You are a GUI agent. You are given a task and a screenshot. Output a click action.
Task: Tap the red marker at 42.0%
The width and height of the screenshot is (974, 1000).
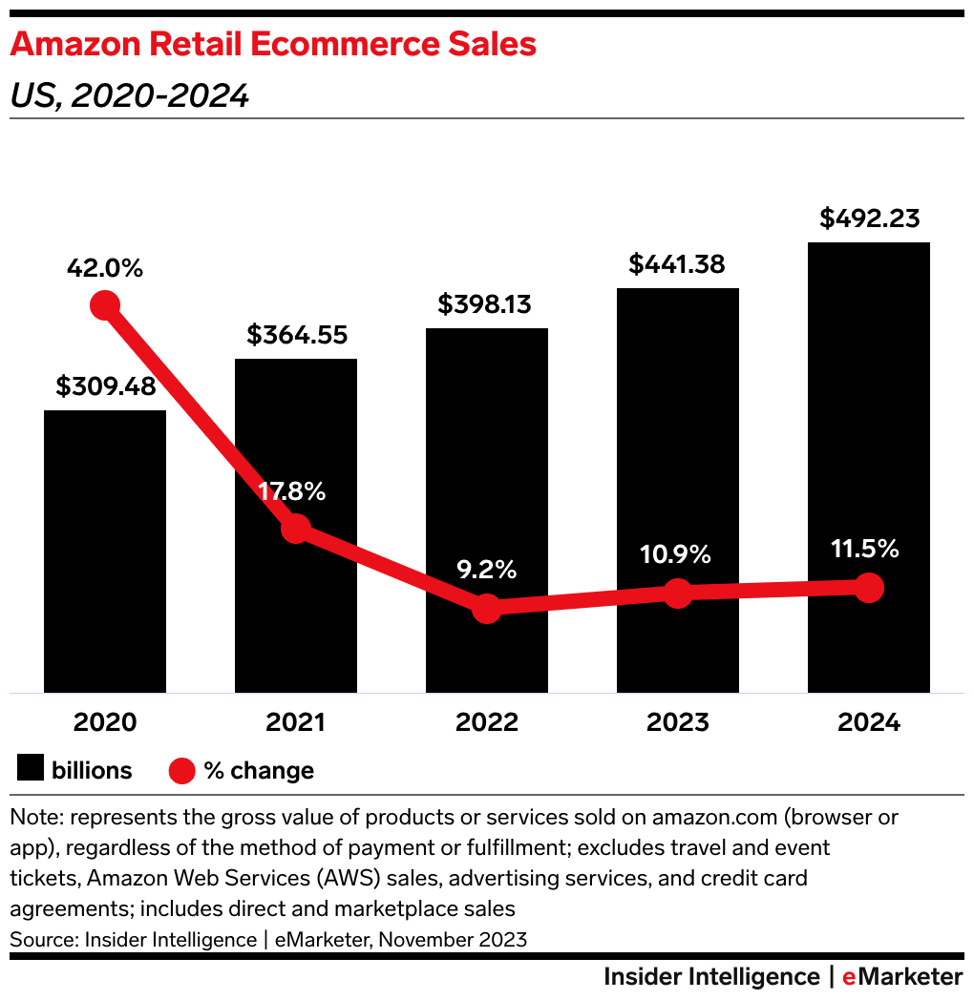pos(105,306)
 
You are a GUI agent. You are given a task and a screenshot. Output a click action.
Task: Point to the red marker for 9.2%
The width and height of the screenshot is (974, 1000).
pos(487,608)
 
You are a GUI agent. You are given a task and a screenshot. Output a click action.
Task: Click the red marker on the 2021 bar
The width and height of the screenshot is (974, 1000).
pos(296,528)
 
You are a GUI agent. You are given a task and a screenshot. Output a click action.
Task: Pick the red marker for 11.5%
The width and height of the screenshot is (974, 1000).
pos(868,587)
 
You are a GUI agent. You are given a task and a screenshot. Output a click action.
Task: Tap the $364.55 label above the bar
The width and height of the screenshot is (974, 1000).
pos(297,336)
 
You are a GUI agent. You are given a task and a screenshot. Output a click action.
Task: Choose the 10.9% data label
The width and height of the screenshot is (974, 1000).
pos(676,554)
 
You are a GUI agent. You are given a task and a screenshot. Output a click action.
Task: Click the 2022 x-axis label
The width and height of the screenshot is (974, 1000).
pos(487,722)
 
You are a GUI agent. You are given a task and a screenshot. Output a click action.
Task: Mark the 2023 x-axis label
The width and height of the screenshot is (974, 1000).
pos(678,722)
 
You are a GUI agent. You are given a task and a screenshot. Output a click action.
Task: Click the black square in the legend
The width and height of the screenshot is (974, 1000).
pos(31,770)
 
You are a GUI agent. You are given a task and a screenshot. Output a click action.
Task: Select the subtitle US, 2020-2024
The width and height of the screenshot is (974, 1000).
pos(129,95)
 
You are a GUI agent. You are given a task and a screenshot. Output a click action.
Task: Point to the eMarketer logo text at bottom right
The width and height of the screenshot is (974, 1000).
pos(902,977)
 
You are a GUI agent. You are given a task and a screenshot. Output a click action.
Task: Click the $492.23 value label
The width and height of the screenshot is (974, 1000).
pos(869,219)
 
